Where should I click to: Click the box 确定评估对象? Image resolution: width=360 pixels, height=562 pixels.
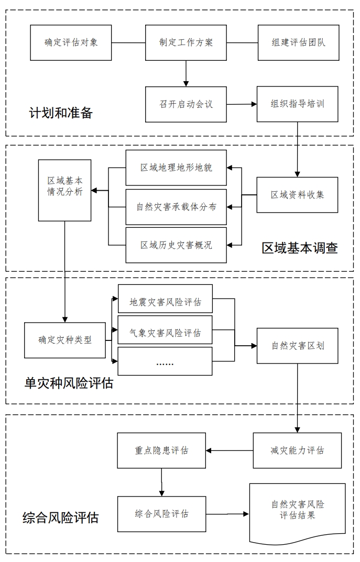tap(71, 42)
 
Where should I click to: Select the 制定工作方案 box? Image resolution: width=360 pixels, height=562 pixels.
tap(186, 42)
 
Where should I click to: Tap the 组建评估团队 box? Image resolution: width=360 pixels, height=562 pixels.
tap(299, 42)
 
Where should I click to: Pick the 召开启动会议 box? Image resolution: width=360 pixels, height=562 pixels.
tap(186, 104)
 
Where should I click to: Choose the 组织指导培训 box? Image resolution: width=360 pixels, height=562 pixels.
tap(298, 104)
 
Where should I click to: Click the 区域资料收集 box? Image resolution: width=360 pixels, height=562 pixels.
tap(297, 194)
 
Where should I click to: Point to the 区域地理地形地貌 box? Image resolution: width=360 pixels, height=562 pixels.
tap(176, 168)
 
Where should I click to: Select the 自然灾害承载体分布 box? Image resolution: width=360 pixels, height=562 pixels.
tap(176, 207)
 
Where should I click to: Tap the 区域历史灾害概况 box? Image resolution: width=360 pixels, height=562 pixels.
tap(176, 245)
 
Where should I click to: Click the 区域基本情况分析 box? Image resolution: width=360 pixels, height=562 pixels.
tap(65, 190)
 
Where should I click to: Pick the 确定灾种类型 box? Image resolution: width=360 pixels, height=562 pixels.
tap(65, 340)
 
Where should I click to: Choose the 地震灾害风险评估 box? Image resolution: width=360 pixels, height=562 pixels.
tap(165, 302)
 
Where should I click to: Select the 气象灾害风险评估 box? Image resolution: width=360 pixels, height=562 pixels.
tap(165, 332)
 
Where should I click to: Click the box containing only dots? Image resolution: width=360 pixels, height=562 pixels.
tap(165, 361)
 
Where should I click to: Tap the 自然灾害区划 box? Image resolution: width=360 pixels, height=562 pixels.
tap(297, 346)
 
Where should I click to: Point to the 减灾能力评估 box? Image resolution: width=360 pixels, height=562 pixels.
tap(297, 450)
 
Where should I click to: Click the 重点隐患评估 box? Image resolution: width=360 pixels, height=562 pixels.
tap(161, 450)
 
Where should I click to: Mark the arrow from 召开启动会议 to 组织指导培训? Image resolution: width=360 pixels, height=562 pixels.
tap(242, 104)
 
